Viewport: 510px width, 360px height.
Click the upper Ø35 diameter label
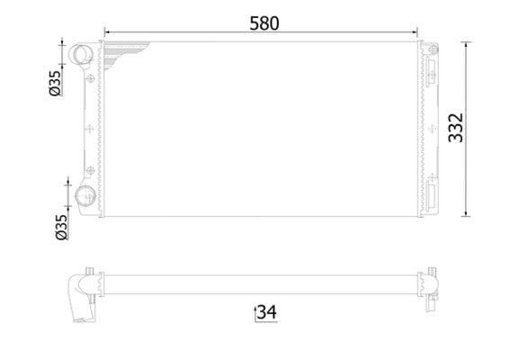pyautogui.click(x=55, y=82)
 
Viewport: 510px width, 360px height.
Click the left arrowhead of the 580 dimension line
pyautogui.click(x=103, y=35)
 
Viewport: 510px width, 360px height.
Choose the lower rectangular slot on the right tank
pyautogui.click(x=433, y=194)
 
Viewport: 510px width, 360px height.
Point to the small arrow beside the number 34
pyautogui.click(x=253, y=312)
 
